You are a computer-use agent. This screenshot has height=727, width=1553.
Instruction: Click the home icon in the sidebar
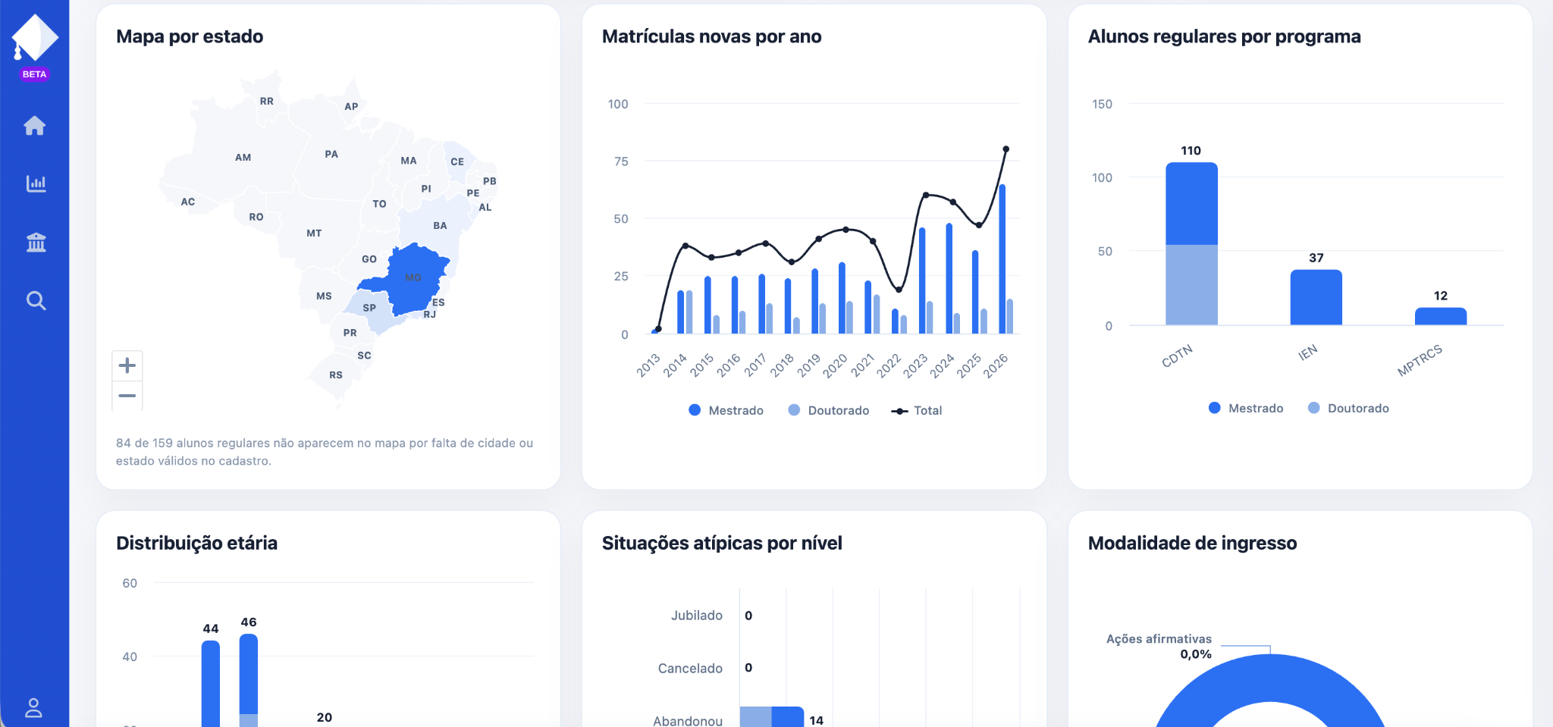coord(35,125)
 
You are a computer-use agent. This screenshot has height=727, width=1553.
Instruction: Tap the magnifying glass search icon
coord(36,301)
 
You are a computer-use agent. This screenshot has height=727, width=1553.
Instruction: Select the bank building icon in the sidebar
coord(36,243)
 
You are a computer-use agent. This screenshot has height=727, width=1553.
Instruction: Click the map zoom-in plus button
coord(127,365)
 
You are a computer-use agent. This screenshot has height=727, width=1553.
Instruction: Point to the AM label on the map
coord(243,158)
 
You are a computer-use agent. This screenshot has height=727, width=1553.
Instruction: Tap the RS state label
coord(336,375)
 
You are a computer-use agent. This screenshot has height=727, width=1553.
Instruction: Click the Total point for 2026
coord(1006,149)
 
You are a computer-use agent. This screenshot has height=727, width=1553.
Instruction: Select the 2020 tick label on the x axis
coord(835,365)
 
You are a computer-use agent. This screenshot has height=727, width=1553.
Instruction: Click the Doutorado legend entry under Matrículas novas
coord(829,410)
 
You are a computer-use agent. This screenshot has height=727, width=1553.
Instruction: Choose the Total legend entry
coord(917,410)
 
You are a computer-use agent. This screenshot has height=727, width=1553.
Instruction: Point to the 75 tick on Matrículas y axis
coord(621,161)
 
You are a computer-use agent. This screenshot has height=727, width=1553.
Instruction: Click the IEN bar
coord(1316,297)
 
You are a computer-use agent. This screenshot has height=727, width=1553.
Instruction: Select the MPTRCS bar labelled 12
coord(1441,316)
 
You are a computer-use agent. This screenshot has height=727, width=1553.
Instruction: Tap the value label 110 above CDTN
coord(1191,151)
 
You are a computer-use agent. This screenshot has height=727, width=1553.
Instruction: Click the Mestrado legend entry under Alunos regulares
coord(1246,408)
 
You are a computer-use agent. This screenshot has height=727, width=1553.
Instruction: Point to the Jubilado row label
coord(697,616)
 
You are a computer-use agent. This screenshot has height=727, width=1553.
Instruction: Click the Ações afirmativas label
coord(1159,639)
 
